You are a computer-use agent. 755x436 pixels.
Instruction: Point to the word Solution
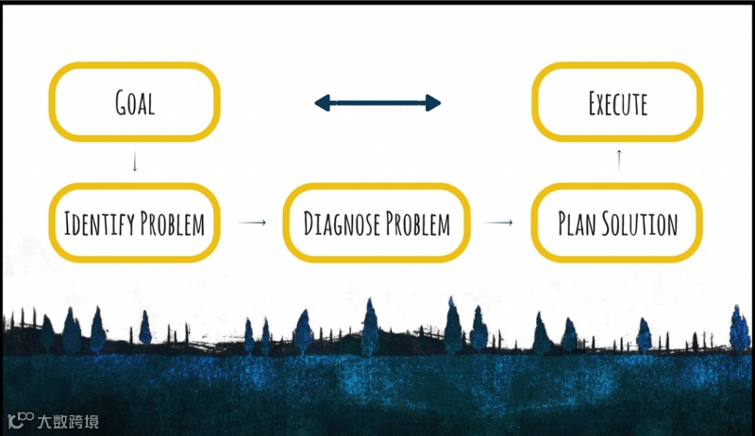(x=645, y=225)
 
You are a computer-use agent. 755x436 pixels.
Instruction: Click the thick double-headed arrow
(x=377, y=103)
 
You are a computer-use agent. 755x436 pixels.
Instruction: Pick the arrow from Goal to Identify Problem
(x=135, y=162)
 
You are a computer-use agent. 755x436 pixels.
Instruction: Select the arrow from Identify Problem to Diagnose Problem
(x=252, y=223)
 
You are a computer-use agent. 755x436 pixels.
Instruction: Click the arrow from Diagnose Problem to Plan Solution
(x=499, y=224)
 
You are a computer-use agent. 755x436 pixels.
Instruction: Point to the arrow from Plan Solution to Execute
(x=619, y=159)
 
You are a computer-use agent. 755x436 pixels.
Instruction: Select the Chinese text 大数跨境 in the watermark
(x=67, y=422)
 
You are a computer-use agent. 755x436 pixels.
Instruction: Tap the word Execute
(x=617, y=103)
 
